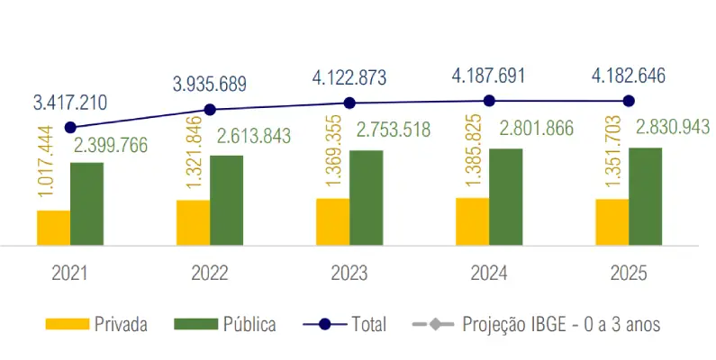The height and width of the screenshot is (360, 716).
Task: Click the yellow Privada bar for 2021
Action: point(53,228)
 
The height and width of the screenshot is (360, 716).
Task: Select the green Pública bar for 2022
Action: point(226,200)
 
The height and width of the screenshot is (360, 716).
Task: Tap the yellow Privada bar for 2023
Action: point(332,221)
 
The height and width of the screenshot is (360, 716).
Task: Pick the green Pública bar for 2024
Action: point(505,196)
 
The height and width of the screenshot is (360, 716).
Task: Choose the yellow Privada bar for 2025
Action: point(612,221)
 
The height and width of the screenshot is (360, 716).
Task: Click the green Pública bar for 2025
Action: point(645,196)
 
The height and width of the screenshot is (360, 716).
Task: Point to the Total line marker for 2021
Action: point(70,128)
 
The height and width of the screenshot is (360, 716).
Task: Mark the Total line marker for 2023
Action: point(349,103)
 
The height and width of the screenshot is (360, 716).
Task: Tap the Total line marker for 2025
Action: point(629,101)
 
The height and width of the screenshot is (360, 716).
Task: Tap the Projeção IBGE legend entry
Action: point(535,324)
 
